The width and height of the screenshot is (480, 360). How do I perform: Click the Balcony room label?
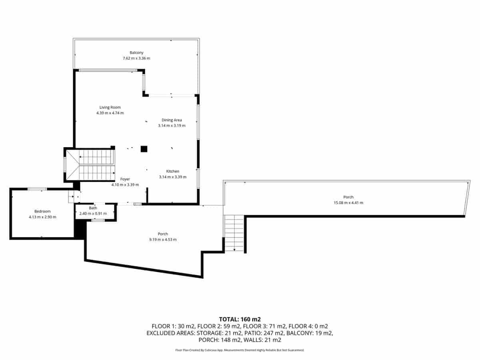pos(136,53)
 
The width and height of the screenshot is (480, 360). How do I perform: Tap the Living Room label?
pos(110,107)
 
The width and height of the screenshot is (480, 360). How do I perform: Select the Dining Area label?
pos(172,120)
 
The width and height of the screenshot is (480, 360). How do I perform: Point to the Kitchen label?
pos(173,171)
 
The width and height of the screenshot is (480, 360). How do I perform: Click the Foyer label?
pos(125,179)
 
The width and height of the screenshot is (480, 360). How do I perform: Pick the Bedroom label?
pos(42,211)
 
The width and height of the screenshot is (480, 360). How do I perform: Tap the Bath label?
pos(93,208)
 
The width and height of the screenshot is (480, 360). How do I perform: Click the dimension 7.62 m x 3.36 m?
pos(136,58)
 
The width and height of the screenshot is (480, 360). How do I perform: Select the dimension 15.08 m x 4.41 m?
pos(348,203)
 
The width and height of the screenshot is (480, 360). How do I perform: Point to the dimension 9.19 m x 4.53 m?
pos(163,240)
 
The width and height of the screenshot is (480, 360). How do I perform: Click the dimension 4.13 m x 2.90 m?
pos(42,217)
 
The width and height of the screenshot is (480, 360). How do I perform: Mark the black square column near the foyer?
pos(144,149)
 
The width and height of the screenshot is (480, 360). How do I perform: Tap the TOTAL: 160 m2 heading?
pos(240,319)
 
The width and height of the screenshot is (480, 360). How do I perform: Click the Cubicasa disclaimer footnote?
pos(240,350)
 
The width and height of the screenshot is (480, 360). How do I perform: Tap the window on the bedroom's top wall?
pos(37,189)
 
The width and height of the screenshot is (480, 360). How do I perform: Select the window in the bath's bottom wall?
pos(98,220)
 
